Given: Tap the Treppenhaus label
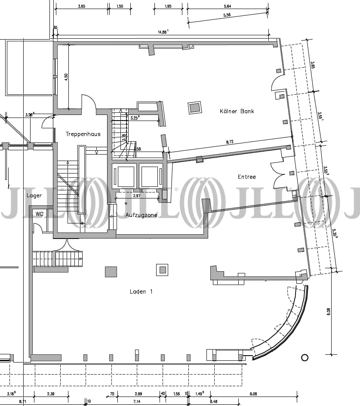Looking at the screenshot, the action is (x=83, y=134).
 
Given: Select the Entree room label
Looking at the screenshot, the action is (x=247, y=177).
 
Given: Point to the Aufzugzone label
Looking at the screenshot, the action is (x=142, y=215).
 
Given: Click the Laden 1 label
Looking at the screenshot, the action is (x=141, y=292).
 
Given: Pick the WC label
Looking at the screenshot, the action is (x=39, y=214).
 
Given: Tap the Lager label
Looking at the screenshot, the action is (x=34, y=195).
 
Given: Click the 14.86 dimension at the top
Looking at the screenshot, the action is (x=163, y=32).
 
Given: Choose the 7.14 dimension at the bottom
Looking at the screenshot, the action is (x=136, y=401).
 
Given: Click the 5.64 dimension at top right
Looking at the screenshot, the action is (x=228, y=6).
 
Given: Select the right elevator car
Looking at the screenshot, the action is (x=149, y=176).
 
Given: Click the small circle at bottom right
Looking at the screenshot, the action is (x=305, y=357).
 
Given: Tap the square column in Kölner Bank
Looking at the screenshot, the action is (x=195, y=107).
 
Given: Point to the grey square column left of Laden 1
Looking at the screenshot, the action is (x=111, y=272).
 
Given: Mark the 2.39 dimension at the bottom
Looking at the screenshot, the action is (x=51, y=394).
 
